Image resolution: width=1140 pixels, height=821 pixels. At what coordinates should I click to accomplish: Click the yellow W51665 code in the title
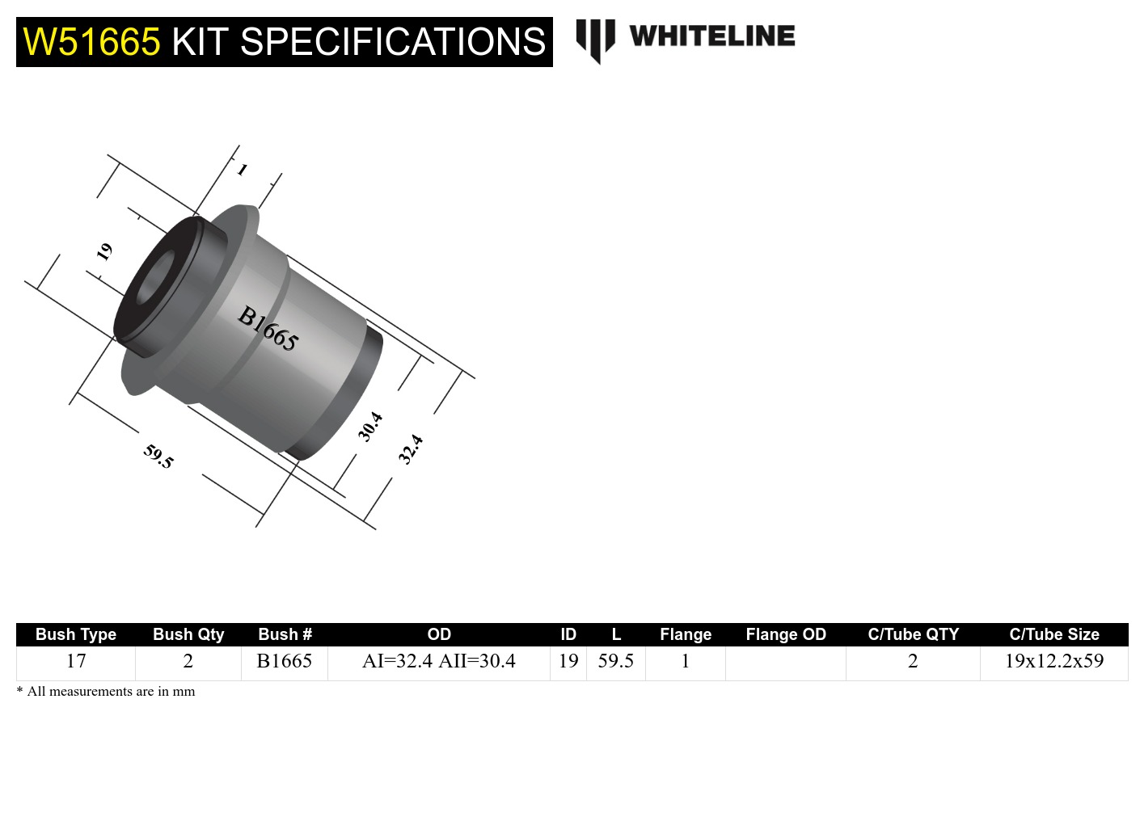(91, 42)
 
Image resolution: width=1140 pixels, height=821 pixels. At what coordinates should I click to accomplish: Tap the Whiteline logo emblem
(595, 40)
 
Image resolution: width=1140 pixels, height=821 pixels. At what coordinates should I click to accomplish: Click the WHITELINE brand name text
(711, 36)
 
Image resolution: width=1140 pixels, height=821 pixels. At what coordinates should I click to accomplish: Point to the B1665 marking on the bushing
(268, 328)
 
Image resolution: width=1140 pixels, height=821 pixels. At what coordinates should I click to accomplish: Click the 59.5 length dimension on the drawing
(158, 457)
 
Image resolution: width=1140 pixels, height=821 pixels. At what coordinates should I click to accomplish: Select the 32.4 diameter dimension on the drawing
(411, 449)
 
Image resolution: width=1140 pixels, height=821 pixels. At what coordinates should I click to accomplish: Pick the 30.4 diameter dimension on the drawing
(370, 427)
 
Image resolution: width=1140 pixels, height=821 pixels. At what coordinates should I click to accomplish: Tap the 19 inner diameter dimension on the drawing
(104, 252)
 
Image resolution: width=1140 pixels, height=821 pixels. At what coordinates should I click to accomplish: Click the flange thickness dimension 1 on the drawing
(242, 170)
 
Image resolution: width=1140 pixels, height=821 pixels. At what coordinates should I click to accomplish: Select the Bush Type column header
(76, 634)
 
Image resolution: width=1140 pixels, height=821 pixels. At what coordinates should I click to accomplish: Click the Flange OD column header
(786, 634)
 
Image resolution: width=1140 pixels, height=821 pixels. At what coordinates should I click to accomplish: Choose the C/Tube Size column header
(1053, 634)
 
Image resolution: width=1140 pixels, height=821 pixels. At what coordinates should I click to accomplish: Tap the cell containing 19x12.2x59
(1053, 661)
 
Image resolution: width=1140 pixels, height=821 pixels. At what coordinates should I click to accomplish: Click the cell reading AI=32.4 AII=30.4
(438, 661)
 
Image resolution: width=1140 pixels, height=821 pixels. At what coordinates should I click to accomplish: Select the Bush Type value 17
(76, 661)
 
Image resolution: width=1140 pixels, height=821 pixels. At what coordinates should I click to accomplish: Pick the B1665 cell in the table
(284, 661)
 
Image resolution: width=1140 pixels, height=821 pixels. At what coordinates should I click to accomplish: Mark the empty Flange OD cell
(786, 663)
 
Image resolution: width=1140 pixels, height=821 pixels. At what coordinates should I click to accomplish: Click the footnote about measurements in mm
(106, 692)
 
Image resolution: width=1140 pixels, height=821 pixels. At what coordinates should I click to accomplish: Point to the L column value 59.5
(615, 661)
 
